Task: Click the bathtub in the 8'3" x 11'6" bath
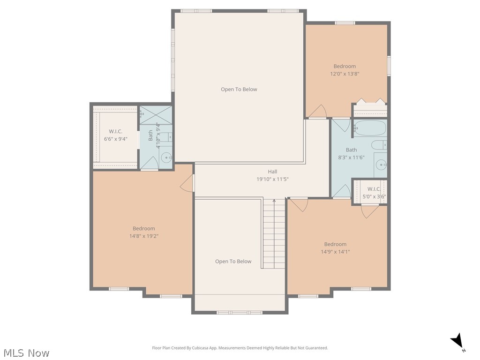coord(370,128)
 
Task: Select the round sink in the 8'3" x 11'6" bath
coord(382,165)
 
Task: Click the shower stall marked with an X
coord(156,115)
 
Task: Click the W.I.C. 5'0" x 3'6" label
coord(374,193)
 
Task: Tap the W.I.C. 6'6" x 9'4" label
coord(115,135)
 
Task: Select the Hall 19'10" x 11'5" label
coord(272,175)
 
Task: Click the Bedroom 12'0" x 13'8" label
coord(345,70)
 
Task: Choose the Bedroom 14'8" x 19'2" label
coord(143,232)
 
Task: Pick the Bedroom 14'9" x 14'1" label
coord(335,247)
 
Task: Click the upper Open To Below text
coord(239,89)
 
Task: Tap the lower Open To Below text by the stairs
coord(233,261)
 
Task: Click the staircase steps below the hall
coord(273,234)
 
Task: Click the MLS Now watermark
coord(26,352)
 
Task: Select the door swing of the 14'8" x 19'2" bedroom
coord(188,183)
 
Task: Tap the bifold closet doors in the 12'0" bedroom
coord(370,101)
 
